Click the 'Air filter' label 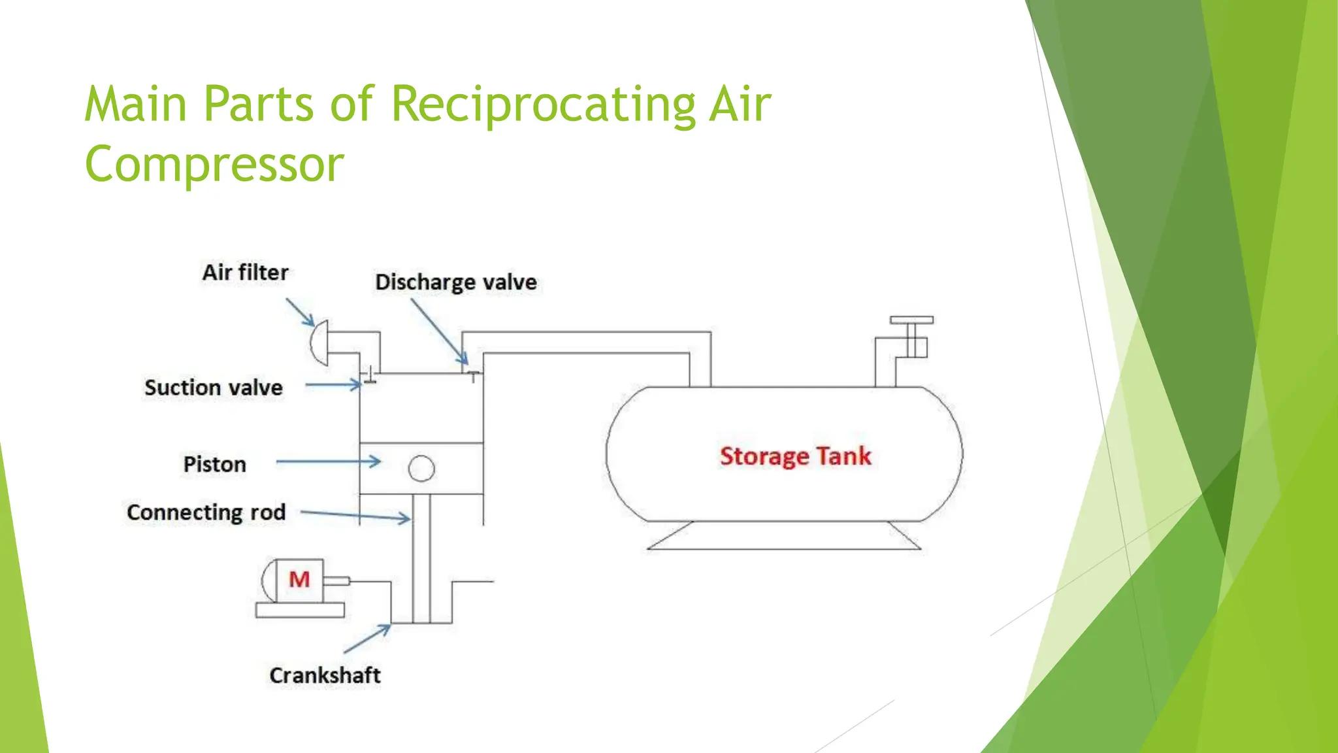point(245,273)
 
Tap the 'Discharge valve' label point(456,282)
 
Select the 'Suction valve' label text point(214,388)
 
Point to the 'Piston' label point(215,464)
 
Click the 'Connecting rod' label point(206,512)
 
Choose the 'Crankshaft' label point(325,675)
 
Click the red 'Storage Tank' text point(795,456)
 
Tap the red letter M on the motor point(299,579)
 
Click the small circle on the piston point(421,468)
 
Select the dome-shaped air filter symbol point(319,343)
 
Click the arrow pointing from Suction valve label point(333,385)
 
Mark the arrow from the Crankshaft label point(367,639)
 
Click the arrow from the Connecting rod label point(356,516)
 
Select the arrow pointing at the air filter point(300,312)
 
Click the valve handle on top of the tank point(911,320)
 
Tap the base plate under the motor point(300,610)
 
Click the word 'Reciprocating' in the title point(543,104)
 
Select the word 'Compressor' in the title point(214,164)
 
